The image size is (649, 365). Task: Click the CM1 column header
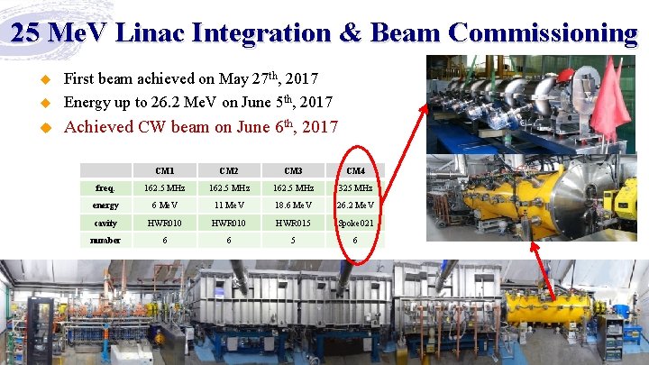click(165, 170)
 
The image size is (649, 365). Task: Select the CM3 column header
click(293, 170)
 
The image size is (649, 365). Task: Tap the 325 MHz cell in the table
click(356, 187)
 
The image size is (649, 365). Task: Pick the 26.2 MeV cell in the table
click(356, 205)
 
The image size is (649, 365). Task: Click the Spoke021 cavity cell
click(356, 223)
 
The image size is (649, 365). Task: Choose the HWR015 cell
click(293, 223)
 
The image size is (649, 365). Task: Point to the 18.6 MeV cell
click(293, 205)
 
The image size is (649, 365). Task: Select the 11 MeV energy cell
click(229, 205)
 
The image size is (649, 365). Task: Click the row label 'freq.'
click(105, 187)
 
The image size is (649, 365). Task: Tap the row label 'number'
click(105, 240)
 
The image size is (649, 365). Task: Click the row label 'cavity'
click(105, 223)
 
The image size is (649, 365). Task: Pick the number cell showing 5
click(293, 240)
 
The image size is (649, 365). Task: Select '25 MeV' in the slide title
click(56, 32)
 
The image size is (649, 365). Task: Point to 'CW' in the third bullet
click(162, 126)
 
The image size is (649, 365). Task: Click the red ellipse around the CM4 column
click(335, 207)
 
